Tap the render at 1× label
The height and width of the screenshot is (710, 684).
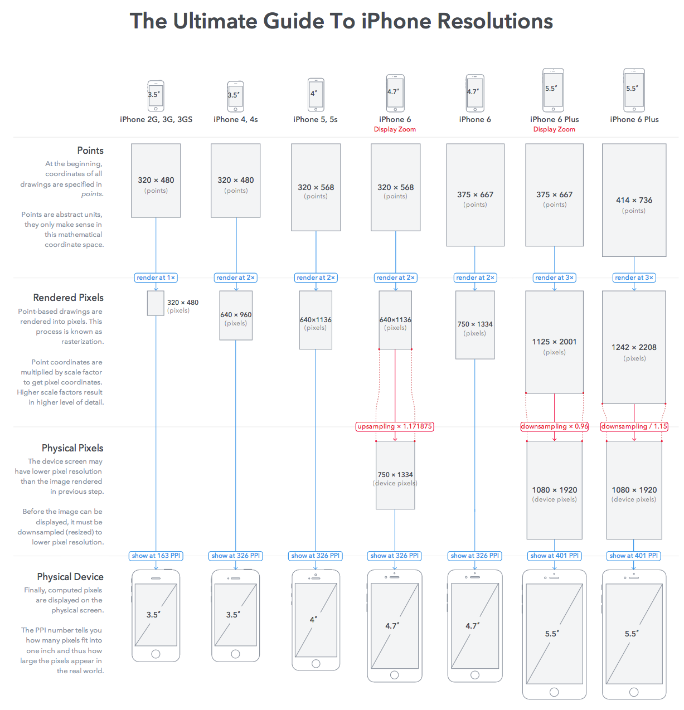click(156, 278)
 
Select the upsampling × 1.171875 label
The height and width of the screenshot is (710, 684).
click(395, 426)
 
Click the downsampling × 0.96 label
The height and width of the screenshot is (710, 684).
click(554, 426)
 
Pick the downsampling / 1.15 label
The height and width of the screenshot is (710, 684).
click(634, 426)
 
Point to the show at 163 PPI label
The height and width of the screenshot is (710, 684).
click(156, 556)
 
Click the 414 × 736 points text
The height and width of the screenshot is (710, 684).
click(634, 200)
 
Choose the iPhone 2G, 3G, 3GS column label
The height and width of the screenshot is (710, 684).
click(156, 119)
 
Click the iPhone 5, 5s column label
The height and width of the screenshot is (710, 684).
click(316, 119)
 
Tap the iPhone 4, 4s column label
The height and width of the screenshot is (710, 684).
click(236, 119)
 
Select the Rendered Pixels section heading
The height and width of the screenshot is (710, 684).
click(68, 298)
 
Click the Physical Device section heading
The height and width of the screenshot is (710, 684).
click(70, 577)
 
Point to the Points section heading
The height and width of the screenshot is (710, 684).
click(90, 150)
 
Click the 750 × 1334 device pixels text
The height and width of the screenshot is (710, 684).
click(395, 475)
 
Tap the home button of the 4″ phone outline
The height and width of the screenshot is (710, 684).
click(316, 663)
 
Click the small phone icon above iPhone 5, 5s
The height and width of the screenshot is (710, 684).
click(316, 95)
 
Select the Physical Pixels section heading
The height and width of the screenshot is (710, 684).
click(72, 448)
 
